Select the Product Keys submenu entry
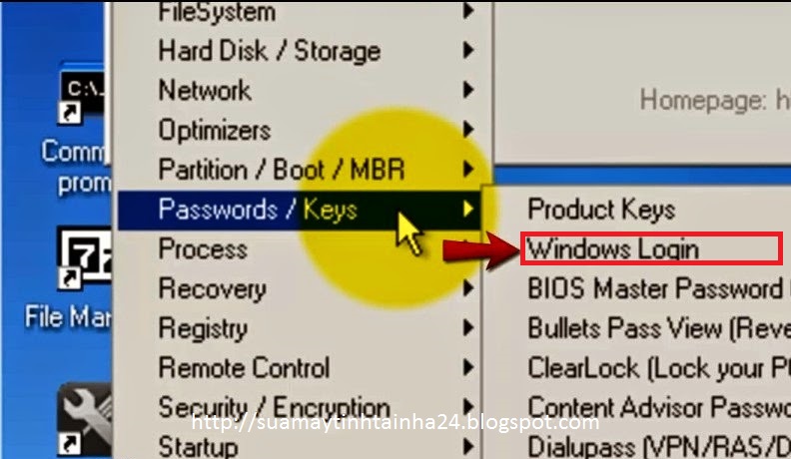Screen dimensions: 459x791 click(x=601, y=210)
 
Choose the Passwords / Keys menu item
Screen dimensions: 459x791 click(x=258, y=210)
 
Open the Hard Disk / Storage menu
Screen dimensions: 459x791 click(x=269, y=51)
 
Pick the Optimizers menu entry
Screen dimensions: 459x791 click(x=214, y=130)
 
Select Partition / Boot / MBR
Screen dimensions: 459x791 click(x=281, y=170)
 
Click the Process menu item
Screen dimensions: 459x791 click(x=202, y=249)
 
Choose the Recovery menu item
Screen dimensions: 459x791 click(x=212, y=289)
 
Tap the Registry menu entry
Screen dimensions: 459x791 click(x=202, y=328)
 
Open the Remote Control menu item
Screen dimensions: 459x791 click(x=244, y=368)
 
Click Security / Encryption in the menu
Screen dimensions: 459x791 click(x=274, y=408)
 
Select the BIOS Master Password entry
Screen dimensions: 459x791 click(x=654, y=288)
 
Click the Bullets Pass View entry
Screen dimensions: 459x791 click(x=654, y=328)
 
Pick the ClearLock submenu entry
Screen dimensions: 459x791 click(x=654, y=368)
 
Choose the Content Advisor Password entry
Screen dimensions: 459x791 click(x=654, y=408)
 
